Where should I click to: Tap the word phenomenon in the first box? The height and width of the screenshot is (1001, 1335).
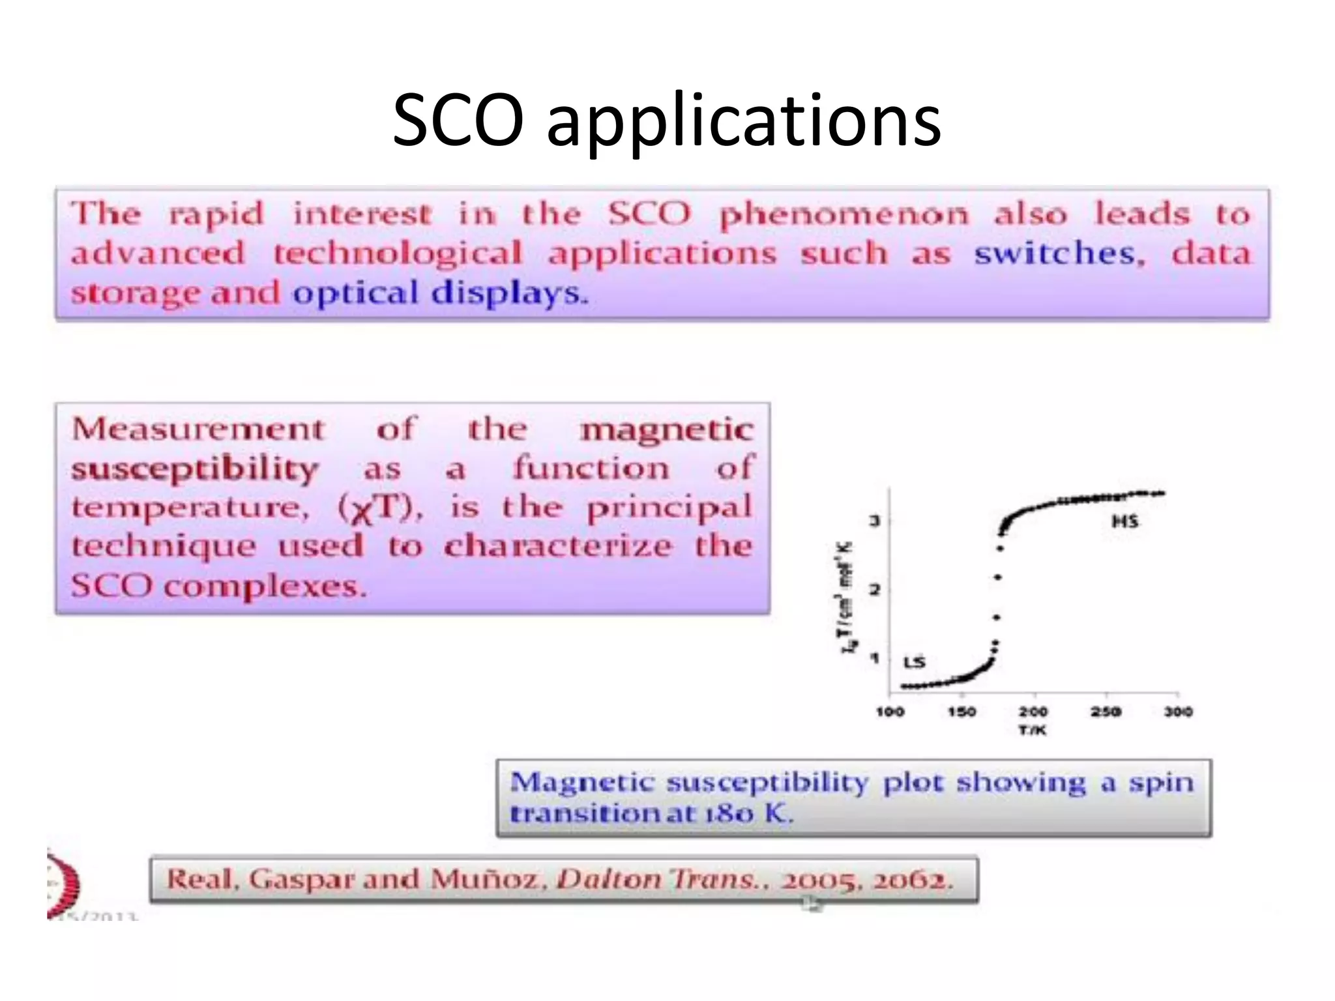pyautogui.click(x=844, y=215)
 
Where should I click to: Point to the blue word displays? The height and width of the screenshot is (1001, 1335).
pyautogui.click(x=509, y=293)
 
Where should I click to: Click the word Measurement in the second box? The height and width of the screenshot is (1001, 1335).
pyautogui.click(x=198, y=429)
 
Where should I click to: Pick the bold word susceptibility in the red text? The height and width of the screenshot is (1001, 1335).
pyautogui.click(x=195, y=470)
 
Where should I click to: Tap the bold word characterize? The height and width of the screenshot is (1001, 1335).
pyautogui.click(x=557, y=546)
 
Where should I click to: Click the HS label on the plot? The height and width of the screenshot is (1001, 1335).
pyautogui.click(x=1124, y=521)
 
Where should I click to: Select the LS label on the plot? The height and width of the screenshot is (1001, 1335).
pyautogui.click(x=914, y=662)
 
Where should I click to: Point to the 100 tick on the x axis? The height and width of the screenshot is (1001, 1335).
pyautogui.click(x=890, y=712)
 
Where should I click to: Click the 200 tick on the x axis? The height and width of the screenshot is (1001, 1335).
pyautogui.click(x=1033, y=712)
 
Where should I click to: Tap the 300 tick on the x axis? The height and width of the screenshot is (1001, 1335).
pyautogui.click(x=1178, y=712)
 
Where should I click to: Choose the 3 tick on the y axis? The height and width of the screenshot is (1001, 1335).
pyautogui.click(x=875, y=521)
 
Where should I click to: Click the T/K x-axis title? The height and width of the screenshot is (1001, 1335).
pyautogui.click(x=1033, y=731)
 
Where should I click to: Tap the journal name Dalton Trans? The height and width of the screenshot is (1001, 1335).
pyautogui.click(x=658, y=880)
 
